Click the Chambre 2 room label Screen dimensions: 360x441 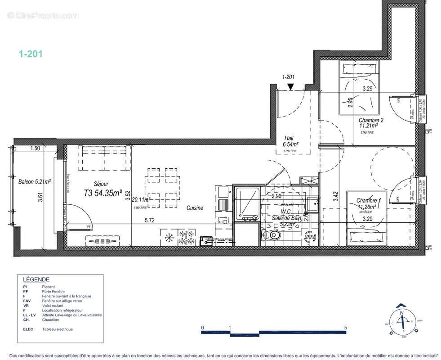(371, 120)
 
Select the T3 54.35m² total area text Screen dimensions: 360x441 (103, 193)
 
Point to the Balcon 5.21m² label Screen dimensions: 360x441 (34, 182)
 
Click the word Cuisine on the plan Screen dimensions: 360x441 (195, 208)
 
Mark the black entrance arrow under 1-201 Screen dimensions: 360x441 (291, 86)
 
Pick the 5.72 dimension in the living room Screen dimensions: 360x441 (150, 220)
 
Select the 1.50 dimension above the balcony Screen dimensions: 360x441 (36, 148)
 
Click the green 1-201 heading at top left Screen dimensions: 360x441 (31, 54)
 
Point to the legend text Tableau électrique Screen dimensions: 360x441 (57, 329)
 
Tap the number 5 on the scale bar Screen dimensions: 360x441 (346, 328)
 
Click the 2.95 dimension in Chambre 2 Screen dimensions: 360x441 (350, 102)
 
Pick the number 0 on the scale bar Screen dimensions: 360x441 (203, 328)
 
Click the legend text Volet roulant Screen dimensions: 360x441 (54, 306)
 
